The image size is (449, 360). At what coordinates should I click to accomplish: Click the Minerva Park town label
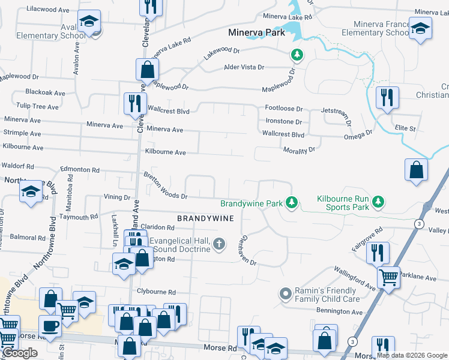[257, 33]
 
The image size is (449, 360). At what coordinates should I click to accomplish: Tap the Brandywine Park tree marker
[292, 203]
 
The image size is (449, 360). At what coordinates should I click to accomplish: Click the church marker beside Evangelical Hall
[220, 244]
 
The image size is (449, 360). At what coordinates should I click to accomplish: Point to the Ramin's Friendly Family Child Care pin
[286, 294]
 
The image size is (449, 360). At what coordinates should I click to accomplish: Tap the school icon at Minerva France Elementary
[420, 28]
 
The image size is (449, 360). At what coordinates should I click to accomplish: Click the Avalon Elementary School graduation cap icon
[89, 23]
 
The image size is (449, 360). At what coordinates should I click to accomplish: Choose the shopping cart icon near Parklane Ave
[389, 277]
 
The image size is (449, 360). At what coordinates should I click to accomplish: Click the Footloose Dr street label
[284, 109]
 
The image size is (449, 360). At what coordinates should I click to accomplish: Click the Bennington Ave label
[340, 312]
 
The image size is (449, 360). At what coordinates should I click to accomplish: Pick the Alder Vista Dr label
[244, 67]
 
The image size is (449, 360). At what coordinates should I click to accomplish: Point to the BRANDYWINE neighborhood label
[205, 218]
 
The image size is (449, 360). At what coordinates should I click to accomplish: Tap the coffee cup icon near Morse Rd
[50, 325]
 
